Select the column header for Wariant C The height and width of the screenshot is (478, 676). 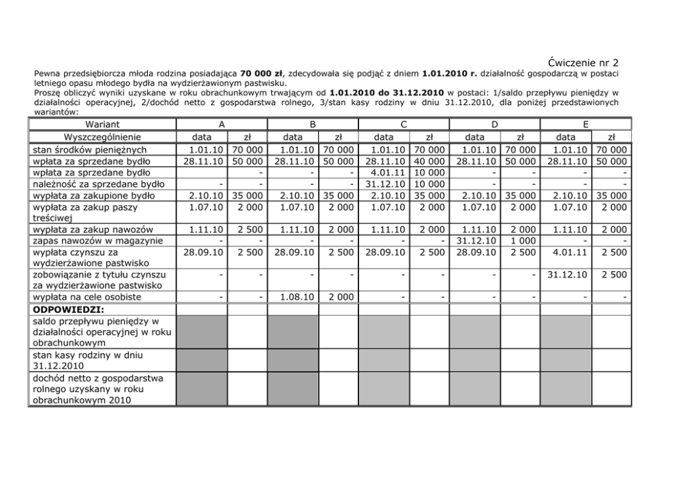[404, 124]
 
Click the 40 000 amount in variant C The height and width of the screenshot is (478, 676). [428, 161]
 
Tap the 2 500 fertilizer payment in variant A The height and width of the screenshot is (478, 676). [248, 229]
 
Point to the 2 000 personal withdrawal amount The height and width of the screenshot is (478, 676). [339, 297]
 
